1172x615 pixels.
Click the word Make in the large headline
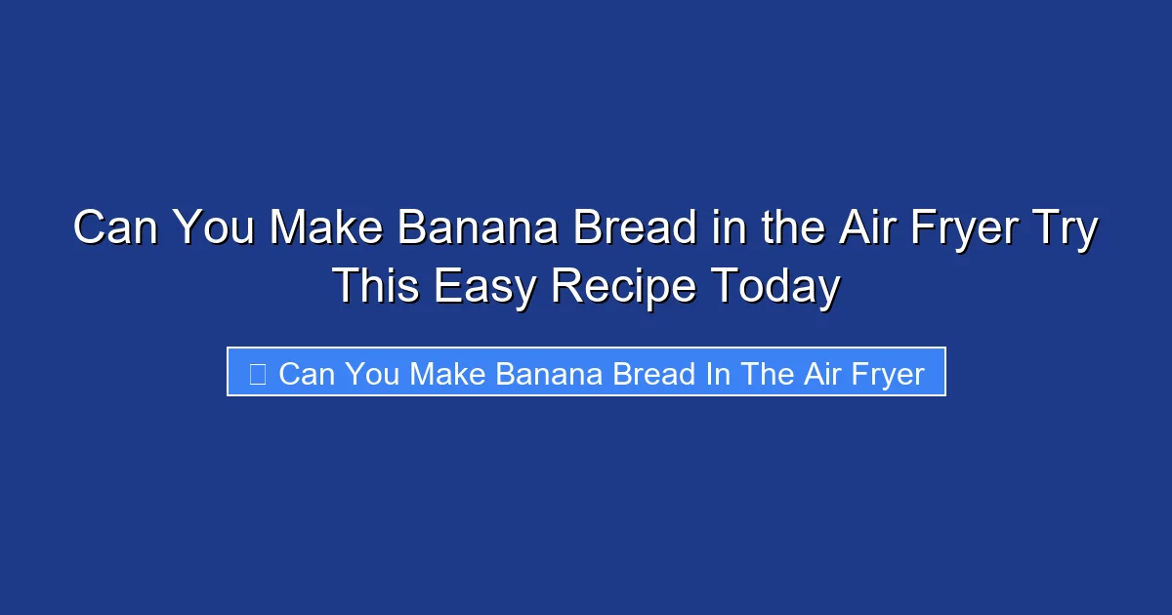327,230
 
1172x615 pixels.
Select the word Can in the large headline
116,230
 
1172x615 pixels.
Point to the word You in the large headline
214,230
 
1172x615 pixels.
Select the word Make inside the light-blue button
447,374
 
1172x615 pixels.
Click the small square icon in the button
258,374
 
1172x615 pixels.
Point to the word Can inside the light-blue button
306,374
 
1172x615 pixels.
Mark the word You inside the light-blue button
372,374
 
